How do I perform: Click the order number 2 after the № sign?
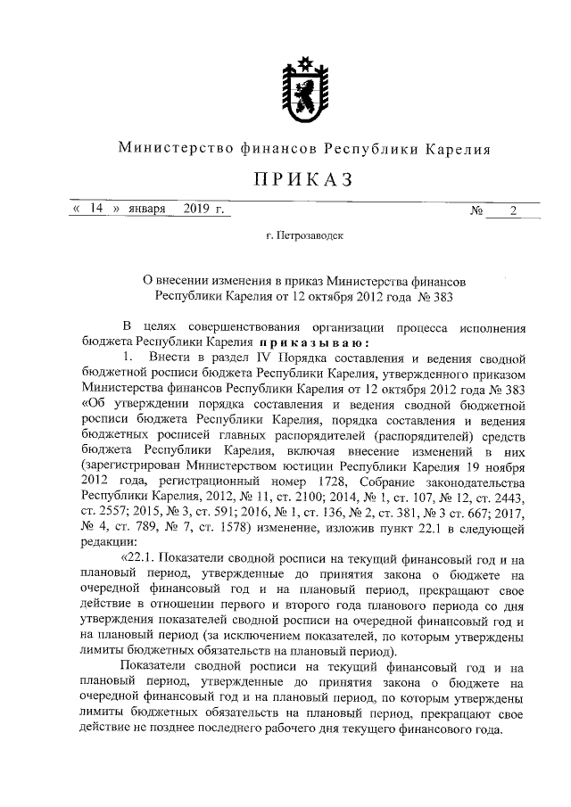(x=512, y=210)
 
